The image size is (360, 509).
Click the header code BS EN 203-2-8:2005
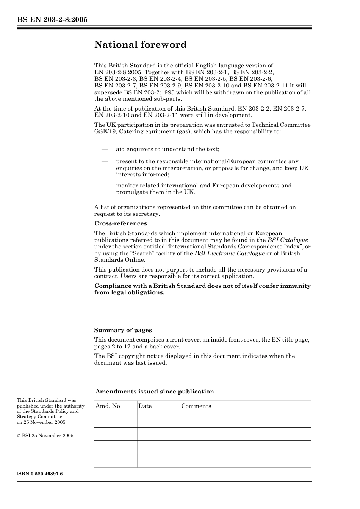pos(52,20)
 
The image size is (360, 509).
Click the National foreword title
pos(140,45)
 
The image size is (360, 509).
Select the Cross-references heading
pos(121,223)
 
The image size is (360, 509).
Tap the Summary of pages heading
pos(123,330)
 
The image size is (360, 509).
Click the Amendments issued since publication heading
pos(155,392)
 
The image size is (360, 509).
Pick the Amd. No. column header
pos(108,406)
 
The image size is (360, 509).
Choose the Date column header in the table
pos(145,406)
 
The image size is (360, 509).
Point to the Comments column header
pos(196,406)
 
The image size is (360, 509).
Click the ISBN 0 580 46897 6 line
pos(40,474)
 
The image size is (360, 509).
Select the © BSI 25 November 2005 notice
pos(45,436)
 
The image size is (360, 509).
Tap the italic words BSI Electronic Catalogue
pos(229,253)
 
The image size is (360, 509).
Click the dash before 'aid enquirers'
pos(105,149)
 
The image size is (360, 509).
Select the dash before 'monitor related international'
pos(105,186)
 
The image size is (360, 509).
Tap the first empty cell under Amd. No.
pos(115,421)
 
